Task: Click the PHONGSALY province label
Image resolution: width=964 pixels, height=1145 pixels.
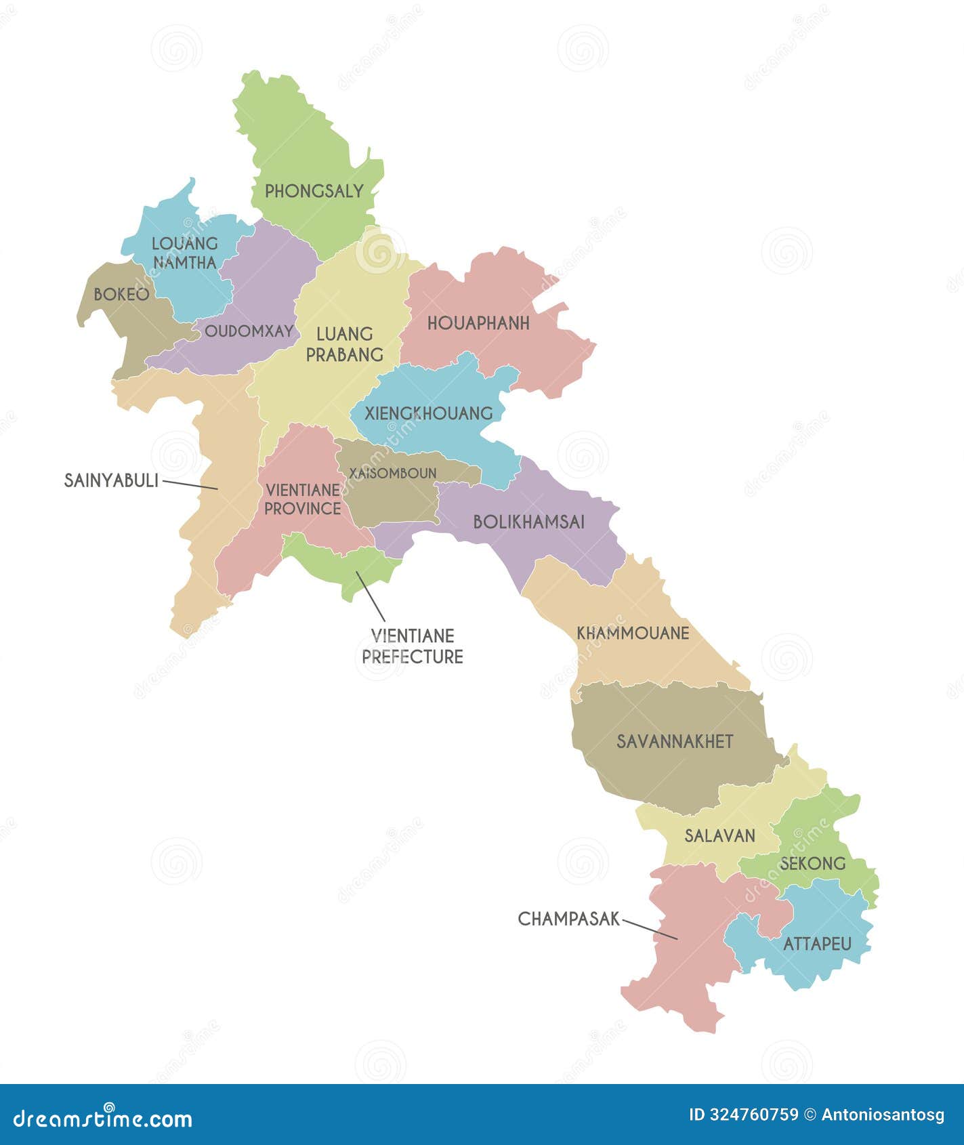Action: click(x=314, y=192)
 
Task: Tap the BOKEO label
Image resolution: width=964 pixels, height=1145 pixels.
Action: click(x=121, y=295)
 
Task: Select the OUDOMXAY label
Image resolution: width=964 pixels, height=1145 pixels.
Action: click(x=249, y=331)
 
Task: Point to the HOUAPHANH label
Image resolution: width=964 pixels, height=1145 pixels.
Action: click(x=478, y=324)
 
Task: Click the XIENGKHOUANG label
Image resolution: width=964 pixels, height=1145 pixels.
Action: click(x=428, y=413)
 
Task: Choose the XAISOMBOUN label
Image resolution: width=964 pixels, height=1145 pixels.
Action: click(x=392, y=474)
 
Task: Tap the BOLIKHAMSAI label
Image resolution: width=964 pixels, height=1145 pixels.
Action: click(x=528, y=522)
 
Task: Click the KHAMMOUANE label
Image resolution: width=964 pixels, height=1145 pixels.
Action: click(x=633, y=633)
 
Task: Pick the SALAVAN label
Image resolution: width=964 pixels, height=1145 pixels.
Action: click(x=719, y=836)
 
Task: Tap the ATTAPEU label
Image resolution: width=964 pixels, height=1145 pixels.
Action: click(x=817, y=944)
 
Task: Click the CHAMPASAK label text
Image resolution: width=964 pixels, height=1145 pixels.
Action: click(x=569, y=919)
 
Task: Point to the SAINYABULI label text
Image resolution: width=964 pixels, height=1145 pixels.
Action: click(x=111, y=481)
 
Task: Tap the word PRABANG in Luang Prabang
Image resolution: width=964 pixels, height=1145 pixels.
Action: click(x=344, y=354)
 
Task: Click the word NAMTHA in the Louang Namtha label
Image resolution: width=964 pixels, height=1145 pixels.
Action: click(x=184, y=263)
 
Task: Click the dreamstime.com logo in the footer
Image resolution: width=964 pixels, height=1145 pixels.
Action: click(x=103, y=1119)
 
